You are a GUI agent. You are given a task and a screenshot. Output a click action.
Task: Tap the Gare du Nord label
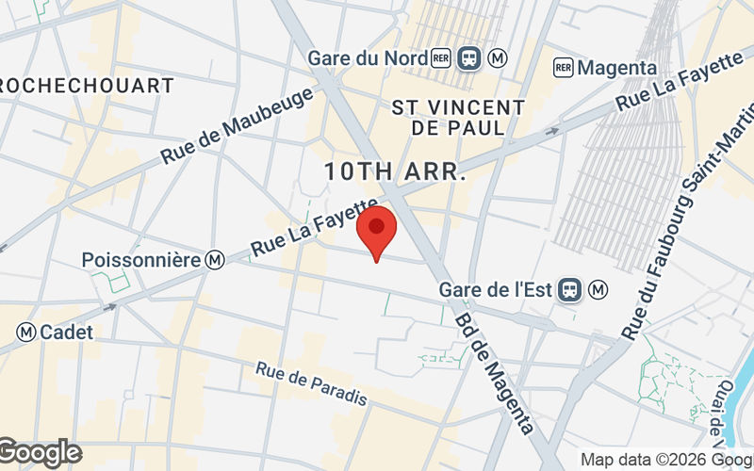[367, 58]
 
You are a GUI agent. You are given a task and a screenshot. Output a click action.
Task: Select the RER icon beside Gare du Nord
[441, 58]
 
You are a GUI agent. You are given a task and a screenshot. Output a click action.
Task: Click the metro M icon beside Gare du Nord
[499, 58]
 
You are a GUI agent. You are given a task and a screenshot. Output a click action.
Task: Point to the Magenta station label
[617, 68]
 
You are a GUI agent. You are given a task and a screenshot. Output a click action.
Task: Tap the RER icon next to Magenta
[564, 68]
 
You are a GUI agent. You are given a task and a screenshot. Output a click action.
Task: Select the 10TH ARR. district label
[395, 172]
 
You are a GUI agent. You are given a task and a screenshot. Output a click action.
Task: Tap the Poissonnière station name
[141, 259]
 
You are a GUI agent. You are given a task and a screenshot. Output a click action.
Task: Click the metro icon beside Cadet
[25, 332]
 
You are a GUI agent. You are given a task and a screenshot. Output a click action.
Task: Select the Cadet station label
[66, 332]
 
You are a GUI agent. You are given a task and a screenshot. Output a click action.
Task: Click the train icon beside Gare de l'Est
[569, 289]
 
